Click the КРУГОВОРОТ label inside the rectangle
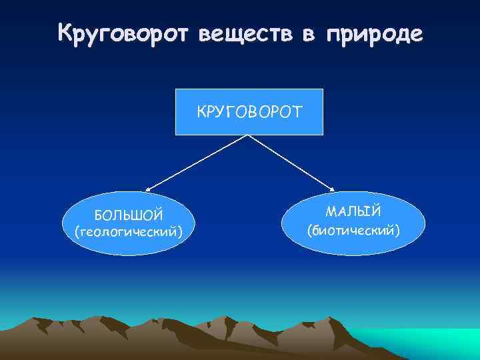249,111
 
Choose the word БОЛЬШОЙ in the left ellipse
128,215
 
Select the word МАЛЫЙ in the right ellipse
353,211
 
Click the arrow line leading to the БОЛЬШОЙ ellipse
197,163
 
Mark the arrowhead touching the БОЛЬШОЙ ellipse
149,190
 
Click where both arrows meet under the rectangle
249,135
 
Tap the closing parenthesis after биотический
398,231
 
